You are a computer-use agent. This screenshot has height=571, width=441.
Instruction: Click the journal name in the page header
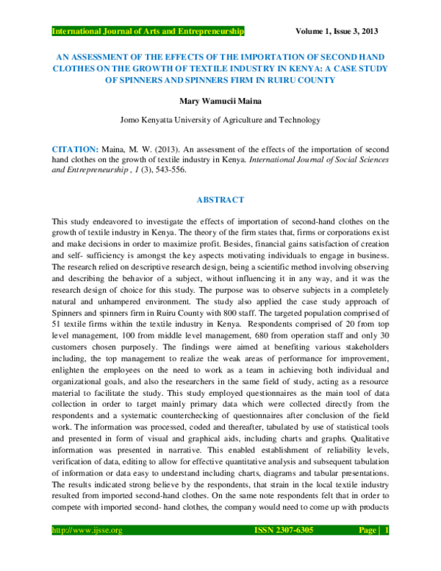tap(147, 32)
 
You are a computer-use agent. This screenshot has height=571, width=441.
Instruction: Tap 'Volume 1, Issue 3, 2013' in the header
tap(337, 32)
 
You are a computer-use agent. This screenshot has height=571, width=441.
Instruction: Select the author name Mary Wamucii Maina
tap(220, 101)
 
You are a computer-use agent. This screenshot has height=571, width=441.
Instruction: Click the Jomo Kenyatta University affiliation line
tap(220, 118)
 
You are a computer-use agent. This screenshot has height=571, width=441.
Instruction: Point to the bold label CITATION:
tap(73, 148)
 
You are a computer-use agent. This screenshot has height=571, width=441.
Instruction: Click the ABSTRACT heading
tap(220, 199)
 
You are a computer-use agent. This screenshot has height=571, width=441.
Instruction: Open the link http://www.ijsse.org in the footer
tap(85, 550)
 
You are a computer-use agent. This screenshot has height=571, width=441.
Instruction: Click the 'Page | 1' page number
tap(373, 550)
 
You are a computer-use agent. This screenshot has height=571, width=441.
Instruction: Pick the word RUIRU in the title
tap(308, 79)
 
